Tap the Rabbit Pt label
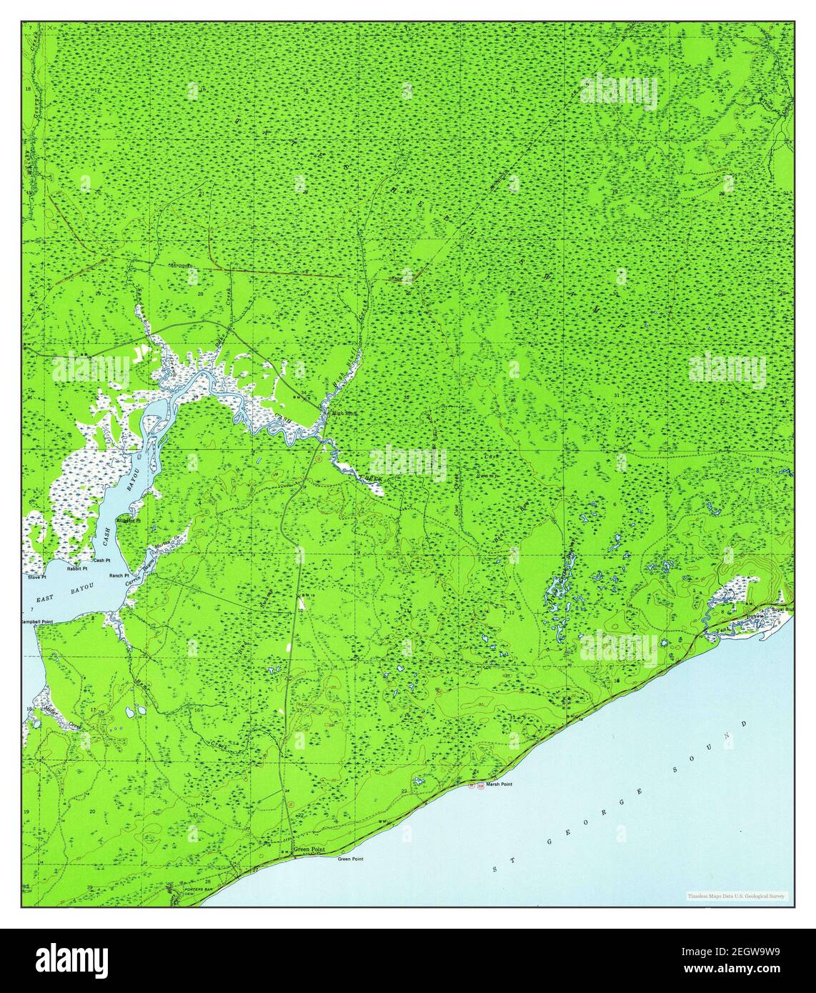(x=77, y=569)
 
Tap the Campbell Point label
(x=37, y=622)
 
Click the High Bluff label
(x=339, y=413)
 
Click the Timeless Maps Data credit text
(x=736, y=896)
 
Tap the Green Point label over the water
(x=350, y=859)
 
